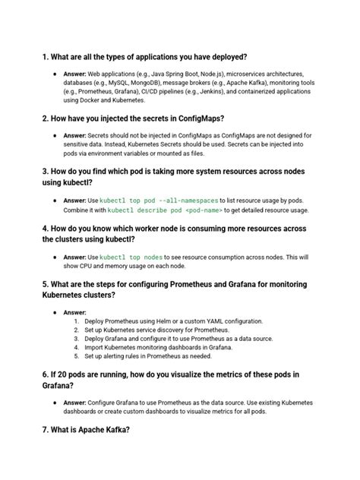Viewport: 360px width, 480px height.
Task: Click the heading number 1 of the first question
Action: (46, 57)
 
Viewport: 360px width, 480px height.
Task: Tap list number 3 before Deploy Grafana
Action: (77, 343)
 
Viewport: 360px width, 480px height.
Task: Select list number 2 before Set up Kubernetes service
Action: (77, 332)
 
